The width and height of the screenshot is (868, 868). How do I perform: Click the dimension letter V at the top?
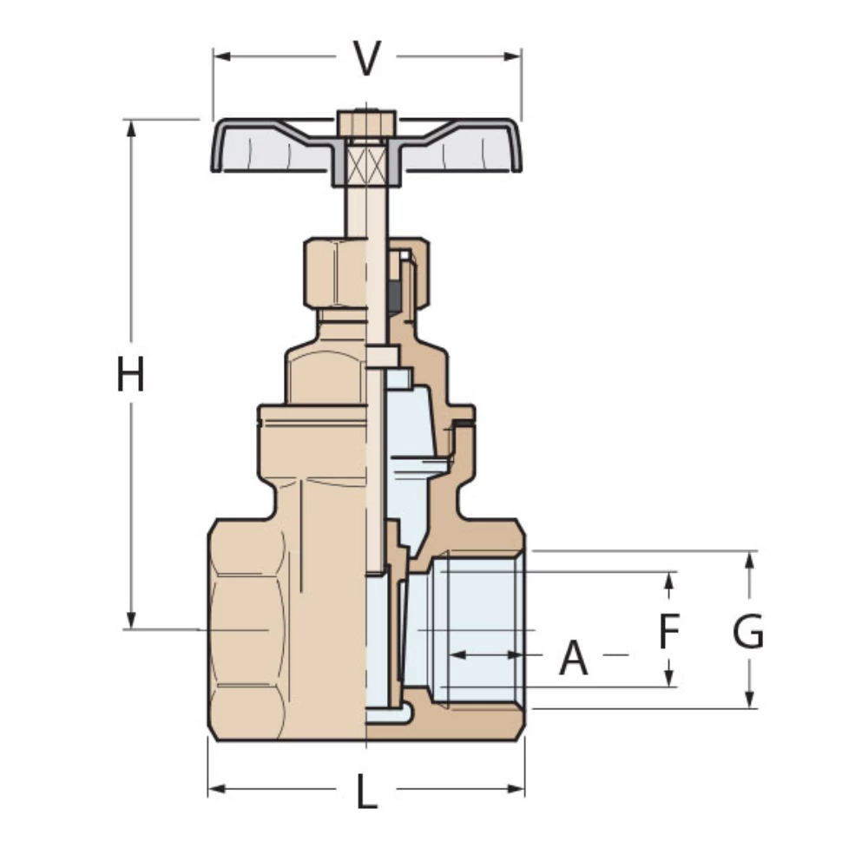(367, 58)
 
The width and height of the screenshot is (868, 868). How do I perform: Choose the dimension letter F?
(668, 631)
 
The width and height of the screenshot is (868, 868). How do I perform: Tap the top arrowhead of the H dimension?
(132, 128)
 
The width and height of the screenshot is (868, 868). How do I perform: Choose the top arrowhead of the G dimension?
(751, 560)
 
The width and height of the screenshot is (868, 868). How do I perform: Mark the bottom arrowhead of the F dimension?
(669, 680)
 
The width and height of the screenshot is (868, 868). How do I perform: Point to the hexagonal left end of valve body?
(247, 629)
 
